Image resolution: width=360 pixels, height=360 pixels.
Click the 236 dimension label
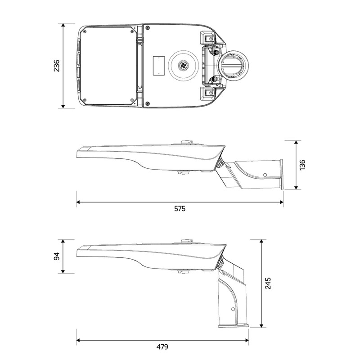tap(57, 66)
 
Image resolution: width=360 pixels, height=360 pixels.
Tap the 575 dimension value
tap(180, 209)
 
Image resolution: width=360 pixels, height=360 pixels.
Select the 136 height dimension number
tap(302, 165)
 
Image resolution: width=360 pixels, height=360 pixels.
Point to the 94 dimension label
tap(57, 256)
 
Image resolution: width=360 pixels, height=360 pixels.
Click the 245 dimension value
tap(268, 283)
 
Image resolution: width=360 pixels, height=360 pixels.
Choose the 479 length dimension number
tap(162, 346)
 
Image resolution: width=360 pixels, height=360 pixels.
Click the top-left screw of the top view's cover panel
tap(85, 31)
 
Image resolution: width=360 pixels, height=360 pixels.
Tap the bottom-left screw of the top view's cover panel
tap(85, 100)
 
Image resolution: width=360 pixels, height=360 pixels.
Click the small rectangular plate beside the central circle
tap(159, 66)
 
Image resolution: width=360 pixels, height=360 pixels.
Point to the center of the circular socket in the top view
tap(183, 66)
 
